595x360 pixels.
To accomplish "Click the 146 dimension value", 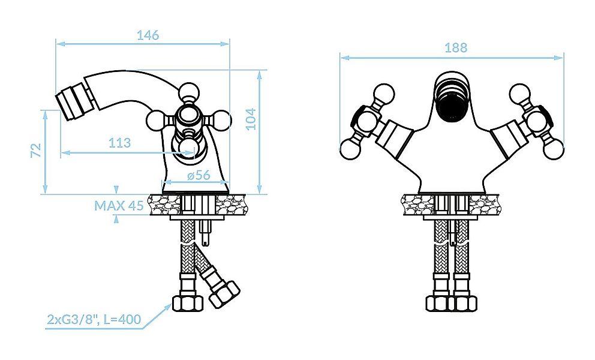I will (148, 35).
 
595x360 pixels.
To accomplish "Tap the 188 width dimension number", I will (456, 49).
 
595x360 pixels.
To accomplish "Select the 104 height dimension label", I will (251, 119).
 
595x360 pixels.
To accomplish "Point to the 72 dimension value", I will (35, 150).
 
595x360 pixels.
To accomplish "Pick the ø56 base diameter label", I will (198, 175).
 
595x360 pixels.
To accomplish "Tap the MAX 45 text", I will (119, 206).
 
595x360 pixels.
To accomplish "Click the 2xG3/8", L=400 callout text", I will (94, 319).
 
